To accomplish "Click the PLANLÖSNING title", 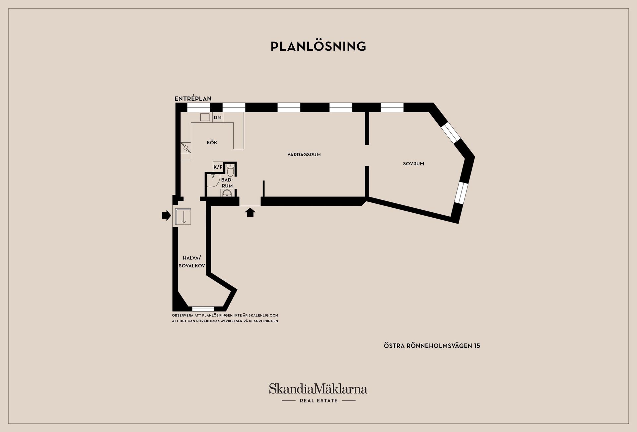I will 318,46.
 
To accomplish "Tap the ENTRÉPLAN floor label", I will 193,99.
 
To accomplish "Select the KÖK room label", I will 212,143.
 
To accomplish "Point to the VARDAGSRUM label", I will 304,155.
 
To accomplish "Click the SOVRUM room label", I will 413,164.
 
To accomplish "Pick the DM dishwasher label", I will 218,117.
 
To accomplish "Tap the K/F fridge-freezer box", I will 218,167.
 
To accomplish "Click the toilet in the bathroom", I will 231,170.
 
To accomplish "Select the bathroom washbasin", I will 227,193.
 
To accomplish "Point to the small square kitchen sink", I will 205,117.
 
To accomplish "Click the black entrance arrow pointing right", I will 166,216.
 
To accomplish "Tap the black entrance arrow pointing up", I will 250,212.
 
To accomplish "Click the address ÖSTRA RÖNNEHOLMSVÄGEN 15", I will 432,346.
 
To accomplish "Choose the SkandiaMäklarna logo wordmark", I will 318,389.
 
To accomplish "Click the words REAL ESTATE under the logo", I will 318,401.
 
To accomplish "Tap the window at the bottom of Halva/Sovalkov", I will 203,309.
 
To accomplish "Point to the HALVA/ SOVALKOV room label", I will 192,262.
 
